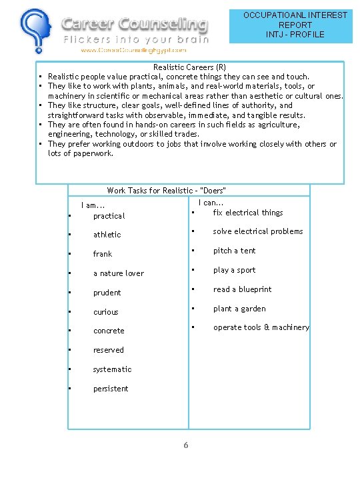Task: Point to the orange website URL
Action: (133, 50)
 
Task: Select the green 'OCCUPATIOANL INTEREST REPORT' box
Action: (295, 25)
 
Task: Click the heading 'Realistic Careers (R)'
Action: (190, 67)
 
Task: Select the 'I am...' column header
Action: (93, 205)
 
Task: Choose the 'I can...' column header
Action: (211, 203)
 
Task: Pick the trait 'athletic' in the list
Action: (107, 235)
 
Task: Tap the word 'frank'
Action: (103, 254)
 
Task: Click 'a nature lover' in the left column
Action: (119, 273)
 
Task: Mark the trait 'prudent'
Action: (107, 293)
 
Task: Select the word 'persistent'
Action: (111, 389)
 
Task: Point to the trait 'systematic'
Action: (113, 369)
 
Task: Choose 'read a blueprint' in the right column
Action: (243, 289)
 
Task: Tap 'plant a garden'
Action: (239, 309)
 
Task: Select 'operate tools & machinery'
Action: (261, 327)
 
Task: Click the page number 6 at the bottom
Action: (186, 445)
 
